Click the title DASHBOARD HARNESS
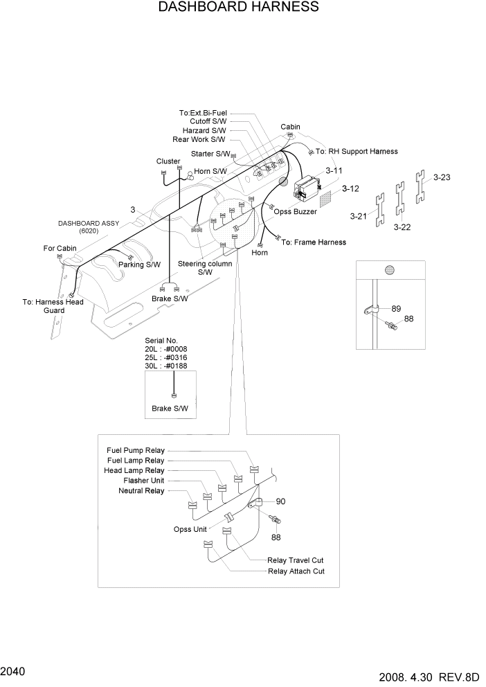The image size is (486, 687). click(238, 8)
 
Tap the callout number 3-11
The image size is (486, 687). click(334, 170)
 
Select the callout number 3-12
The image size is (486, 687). click(350, 188)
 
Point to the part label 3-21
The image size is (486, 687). click(359, 217)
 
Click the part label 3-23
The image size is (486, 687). click(442, 177)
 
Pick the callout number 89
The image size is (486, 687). click(396, 308)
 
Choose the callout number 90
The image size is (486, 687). click(281, 501)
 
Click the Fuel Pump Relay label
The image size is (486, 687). click(136, 449)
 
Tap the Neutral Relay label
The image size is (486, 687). click(142, 491)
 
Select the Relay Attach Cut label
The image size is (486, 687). click(296, 571)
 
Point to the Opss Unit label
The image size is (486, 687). click(190, 529)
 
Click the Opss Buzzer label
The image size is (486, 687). click(296, 212)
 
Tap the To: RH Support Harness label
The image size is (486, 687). click(357, 151)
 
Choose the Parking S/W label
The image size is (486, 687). click(140, 265)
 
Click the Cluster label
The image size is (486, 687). click(168, 161)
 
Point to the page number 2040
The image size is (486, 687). click(14, 671)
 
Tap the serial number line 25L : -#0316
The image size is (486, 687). click(165, 357)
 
